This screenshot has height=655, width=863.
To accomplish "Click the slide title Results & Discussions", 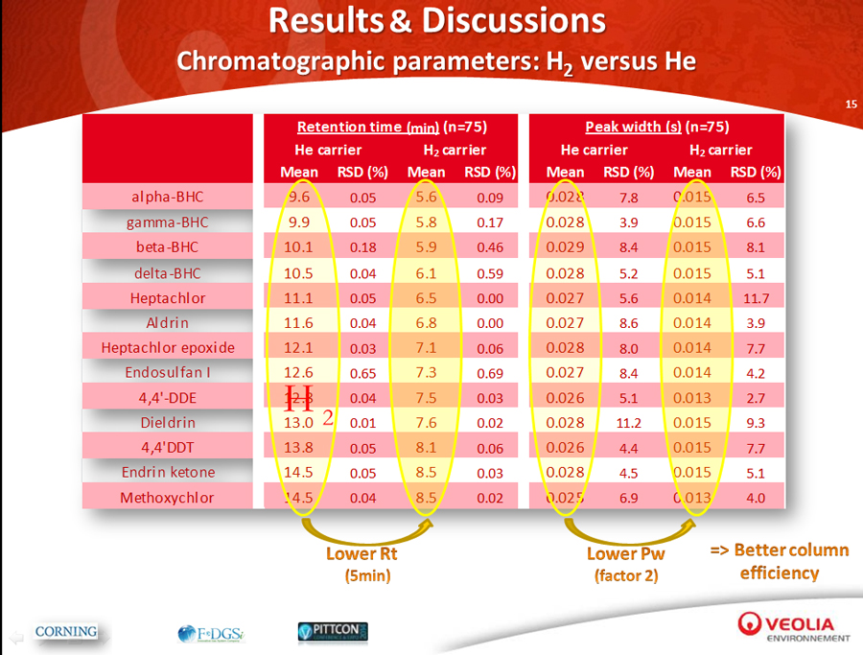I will click(436, 21).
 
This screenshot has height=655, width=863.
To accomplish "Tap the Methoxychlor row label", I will click(168, 498).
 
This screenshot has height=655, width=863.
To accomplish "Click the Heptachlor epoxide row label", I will click(168, 347).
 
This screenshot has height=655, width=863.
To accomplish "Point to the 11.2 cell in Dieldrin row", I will click(627, 423).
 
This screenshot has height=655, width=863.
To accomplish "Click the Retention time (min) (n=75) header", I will click(390, 127).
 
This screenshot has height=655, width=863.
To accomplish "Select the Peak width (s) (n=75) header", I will click(657, 127).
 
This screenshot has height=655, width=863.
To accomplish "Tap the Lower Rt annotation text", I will click(361, 554).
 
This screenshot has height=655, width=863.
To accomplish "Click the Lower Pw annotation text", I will click(625, 554).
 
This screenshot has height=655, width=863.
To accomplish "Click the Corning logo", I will click(66, 631).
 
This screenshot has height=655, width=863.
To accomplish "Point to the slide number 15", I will click(850, 104).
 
